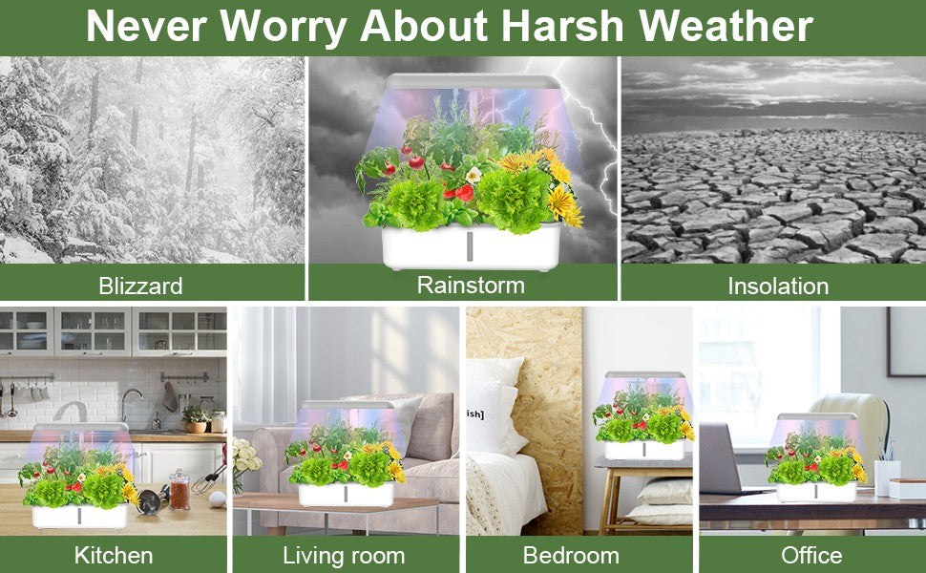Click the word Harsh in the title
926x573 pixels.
click(563, 26)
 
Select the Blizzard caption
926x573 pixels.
click(140, 286)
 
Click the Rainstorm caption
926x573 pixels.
click(471, 286)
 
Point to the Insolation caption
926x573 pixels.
click(778, 286)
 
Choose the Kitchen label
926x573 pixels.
click(114, 555)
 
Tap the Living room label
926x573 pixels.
click(344, 556)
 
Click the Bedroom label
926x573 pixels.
click(571, 555)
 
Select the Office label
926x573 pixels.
click(811, 555)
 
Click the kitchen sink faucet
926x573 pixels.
click(131, 404)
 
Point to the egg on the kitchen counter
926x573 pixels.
click(218, 499)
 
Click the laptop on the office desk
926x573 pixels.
click(726, 459)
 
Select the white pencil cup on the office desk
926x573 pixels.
click(887, 477)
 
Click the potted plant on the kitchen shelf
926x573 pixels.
click(195, 419)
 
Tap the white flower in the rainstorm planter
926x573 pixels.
click(474, 175)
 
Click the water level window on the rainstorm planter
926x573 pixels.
click(470, 245)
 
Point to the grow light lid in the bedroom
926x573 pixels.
click(645, 375)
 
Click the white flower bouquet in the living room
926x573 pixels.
click(245, 456)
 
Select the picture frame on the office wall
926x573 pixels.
click(906, 342)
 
